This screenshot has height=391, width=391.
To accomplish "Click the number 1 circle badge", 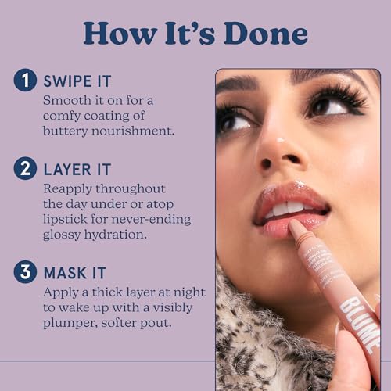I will coord(27,82).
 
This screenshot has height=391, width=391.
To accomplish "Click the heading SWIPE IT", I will coord(77,82).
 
